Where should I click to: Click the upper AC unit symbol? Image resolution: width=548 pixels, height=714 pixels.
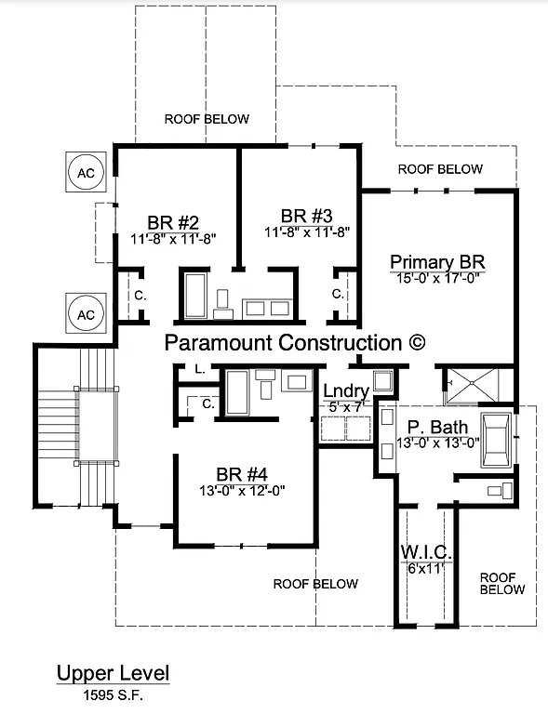click(x=86, y=173)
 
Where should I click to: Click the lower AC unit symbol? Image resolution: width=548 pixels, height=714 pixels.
click(x=86, y=314)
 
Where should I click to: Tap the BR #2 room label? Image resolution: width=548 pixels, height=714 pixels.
click(x=173, y=222)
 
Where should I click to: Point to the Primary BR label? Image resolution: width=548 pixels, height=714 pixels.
click(x=437, y=261)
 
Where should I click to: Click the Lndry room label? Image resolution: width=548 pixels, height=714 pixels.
click(x=346, y=391)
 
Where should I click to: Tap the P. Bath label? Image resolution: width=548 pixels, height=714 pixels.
click(x=430, y=427)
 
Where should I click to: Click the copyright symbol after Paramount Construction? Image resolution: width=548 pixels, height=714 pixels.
click(x=417, y=342)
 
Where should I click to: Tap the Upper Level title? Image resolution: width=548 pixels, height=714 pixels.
click(x=113, y=673)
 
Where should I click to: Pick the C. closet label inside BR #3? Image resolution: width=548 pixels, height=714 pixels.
click(x=337, y=294)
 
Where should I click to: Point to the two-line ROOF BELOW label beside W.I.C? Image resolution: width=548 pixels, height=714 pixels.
click(x=502, y=583)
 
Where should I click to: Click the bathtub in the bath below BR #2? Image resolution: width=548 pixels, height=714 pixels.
click(x=196, y=295)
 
